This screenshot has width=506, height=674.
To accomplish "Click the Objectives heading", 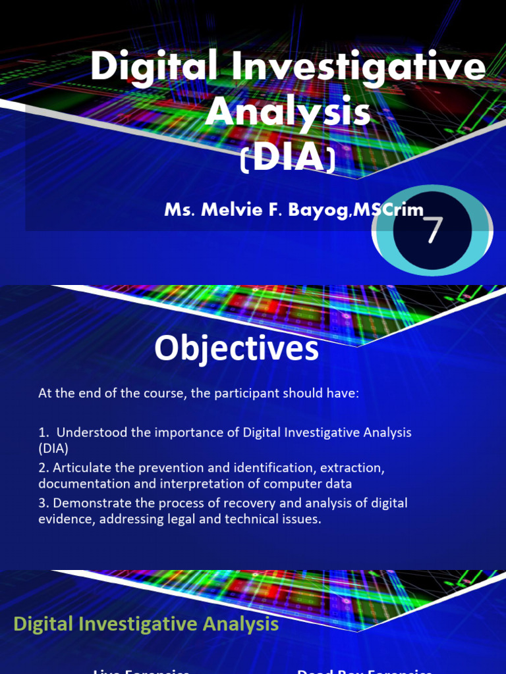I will [x=237, y=349].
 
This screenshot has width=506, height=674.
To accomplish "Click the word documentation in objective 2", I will [x=77, y=484].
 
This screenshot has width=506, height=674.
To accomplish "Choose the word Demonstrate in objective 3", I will [x=88, y=504].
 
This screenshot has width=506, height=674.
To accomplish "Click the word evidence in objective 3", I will [x=63, y=519].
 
